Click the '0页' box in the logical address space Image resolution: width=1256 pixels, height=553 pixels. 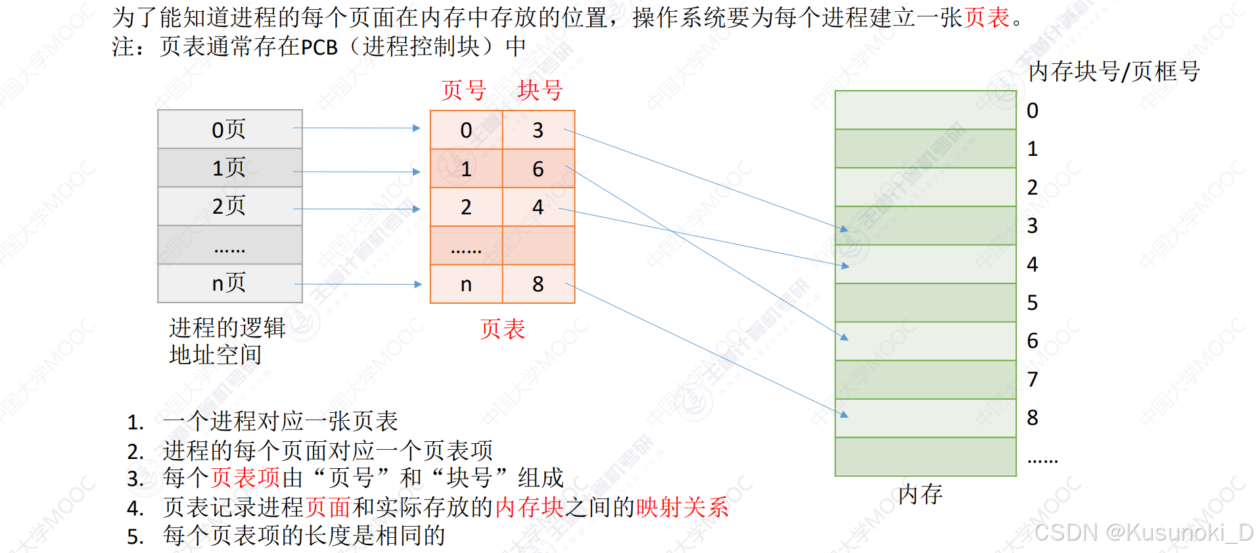tap(229, 129)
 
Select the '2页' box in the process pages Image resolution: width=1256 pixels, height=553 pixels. tap(229, 206)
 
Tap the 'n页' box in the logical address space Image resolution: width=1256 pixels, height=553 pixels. tap(229, 283)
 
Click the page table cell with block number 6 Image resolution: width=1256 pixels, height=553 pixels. tap(538, 169)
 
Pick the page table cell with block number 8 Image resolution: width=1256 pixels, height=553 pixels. tap(538, 284)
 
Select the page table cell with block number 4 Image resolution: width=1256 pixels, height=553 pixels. tap(538, 207)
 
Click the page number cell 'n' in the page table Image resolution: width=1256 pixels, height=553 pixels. tap(466, 284)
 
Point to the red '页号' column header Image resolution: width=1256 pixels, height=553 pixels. tap(464, 90)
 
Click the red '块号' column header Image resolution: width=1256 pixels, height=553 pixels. tap(540, 90)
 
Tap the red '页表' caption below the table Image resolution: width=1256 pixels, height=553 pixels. tap(502, 329)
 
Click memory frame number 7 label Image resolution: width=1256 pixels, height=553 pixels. tap(1033, 379)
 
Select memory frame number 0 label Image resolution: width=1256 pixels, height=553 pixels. tap(1033, 110)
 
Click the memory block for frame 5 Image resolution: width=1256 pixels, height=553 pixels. tap(925, 302)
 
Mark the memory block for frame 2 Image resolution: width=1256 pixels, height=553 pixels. tap(925, 187)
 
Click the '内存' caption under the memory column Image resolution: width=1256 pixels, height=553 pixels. tap(920, 494)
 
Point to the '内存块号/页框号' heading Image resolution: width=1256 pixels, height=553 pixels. tap(1114, 72)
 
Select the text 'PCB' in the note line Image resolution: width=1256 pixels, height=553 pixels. tap(319, 47)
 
